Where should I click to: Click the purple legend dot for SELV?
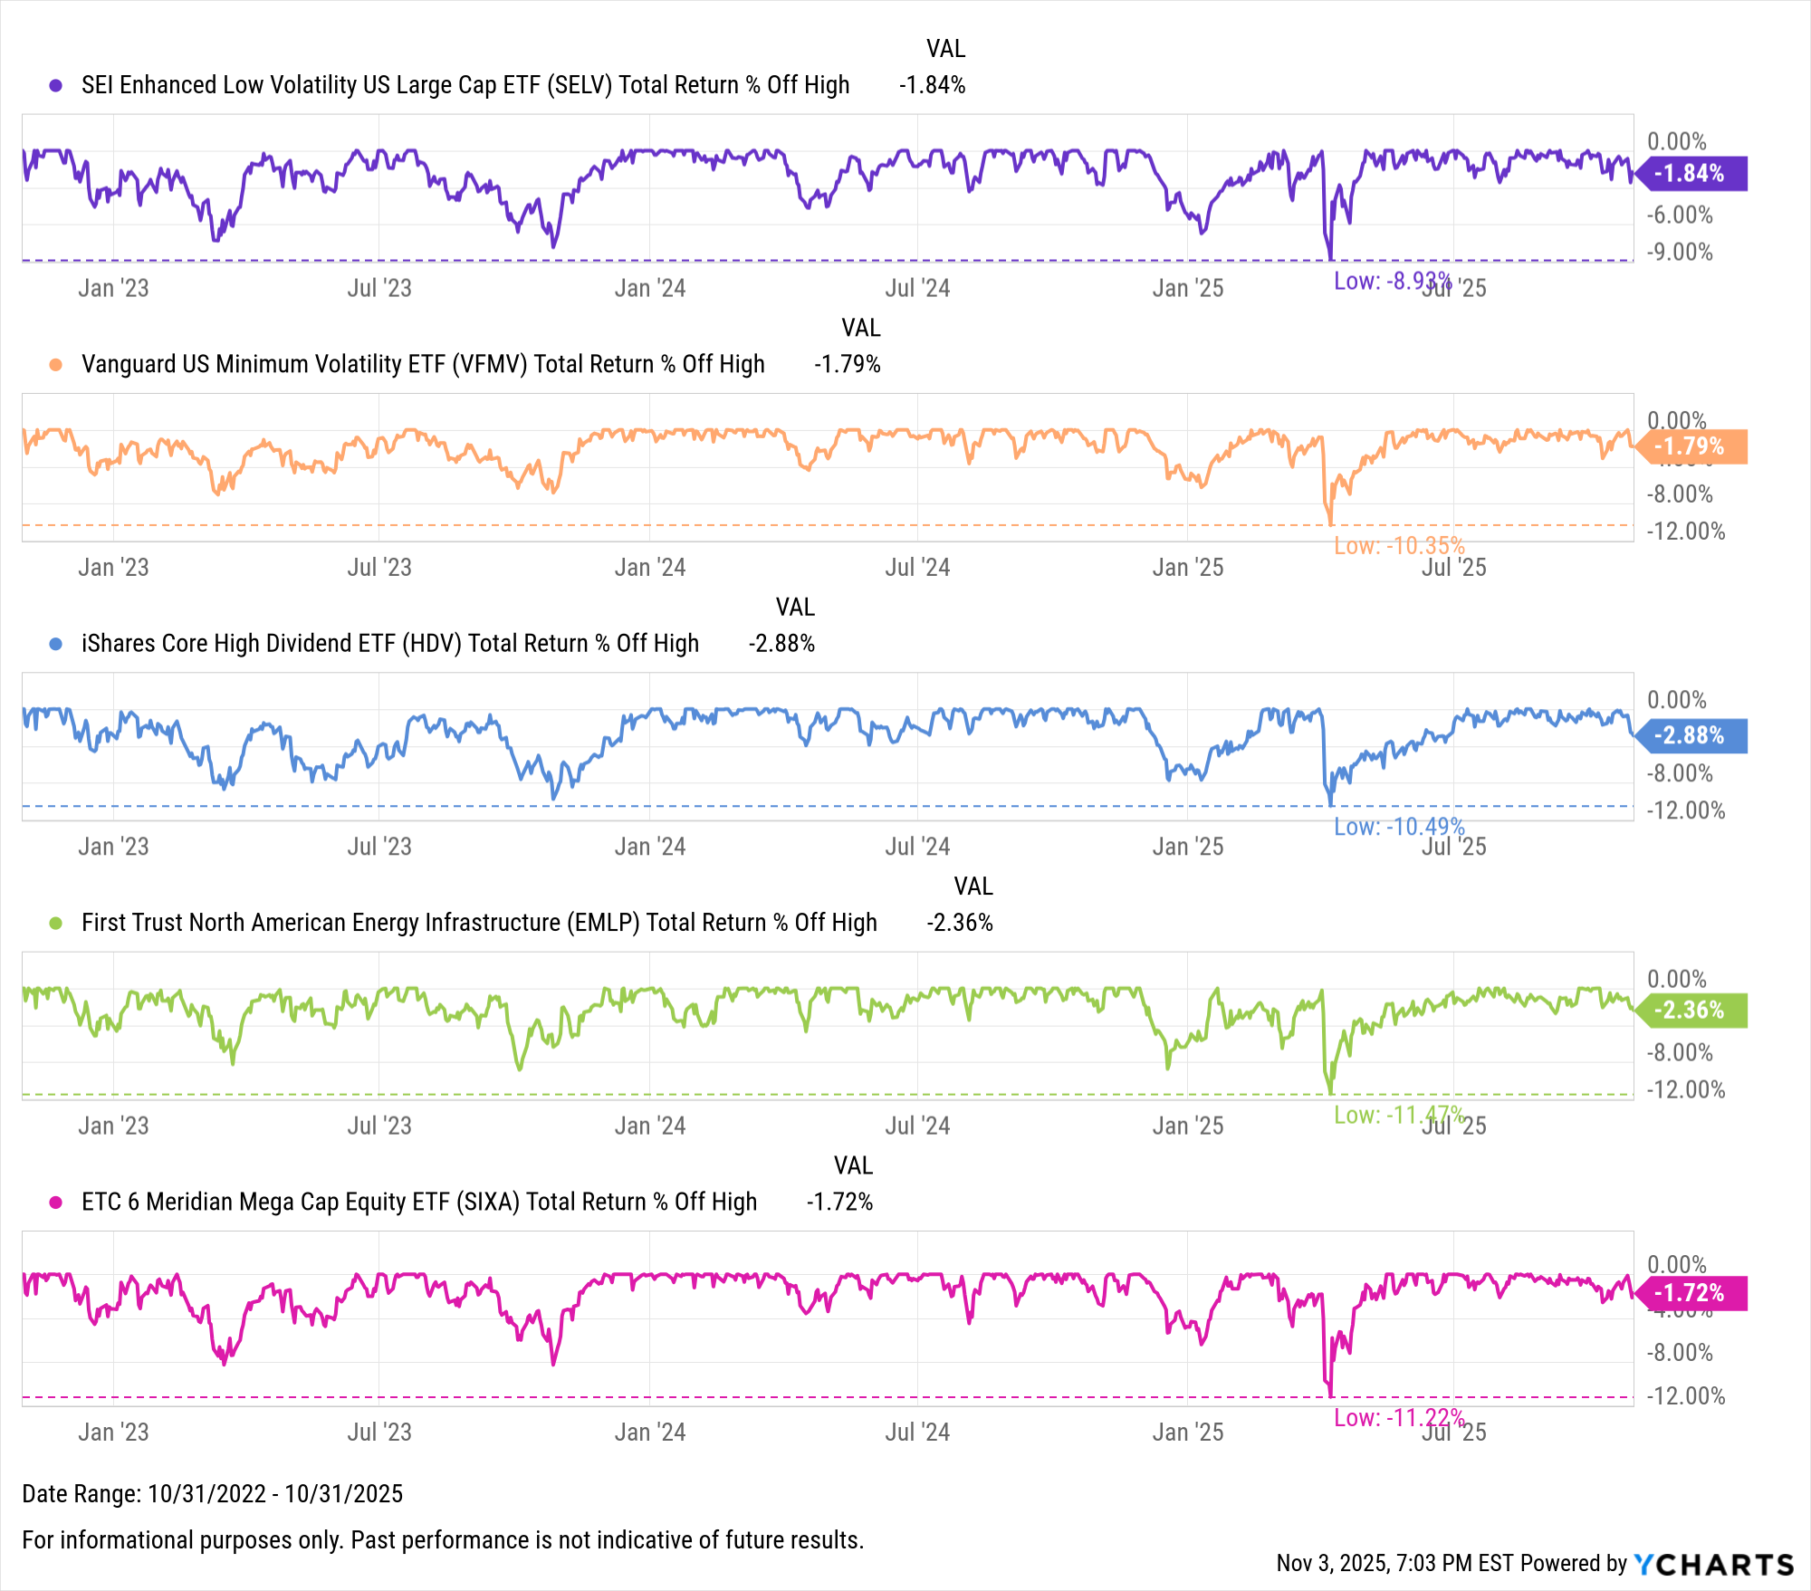click(x=56, y=85)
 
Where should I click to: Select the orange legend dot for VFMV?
click(x=56, y=364)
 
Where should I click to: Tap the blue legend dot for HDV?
click(x=56, y=644)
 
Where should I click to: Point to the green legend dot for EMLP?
click(x=56, y=923)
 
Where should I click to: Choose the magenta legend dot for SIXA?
click(x=56, y=1203)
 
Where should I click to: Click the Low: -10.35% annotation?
click(x=1399, y=546)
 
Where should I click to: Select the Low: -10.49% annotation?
click(x=1399, y=827)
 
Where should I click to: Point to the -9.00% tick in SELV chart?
click(x=1680, y=252)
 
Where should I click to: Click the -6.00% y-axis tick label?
click(x=1680, y=215)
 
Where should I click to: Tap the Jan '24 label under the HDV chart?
click(x=650, y=847)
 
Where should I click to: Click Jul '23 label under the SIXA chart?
click(x=379, y=1433)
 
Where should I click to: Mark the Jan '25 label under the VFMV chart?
click(x=1187, y=568)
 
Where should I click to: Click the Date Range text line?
click(x=212, y=1494)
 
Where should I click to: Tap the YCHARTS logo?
click(x=1714, y=1564)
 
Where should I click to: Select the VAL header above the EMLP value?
click(x=973, y=887)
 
